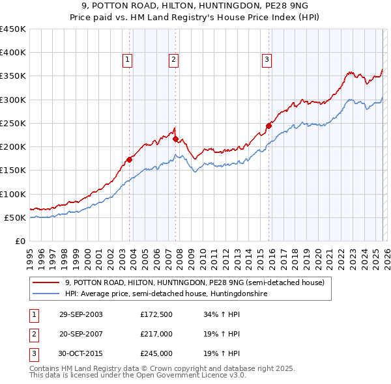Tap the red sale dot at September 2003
(x=130, y=159)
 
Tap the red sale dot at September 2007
(x=175, y=139)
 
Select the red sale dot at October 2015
(x=268, y=126)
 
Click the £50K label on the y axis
(x=16, y=217)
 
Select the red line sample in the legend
(x=46, y=283)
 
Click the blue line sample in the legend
(x=46, y=294)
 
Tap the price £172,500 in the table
(x=156, y=314)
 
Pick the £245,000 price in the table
(x=156, y=353)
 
